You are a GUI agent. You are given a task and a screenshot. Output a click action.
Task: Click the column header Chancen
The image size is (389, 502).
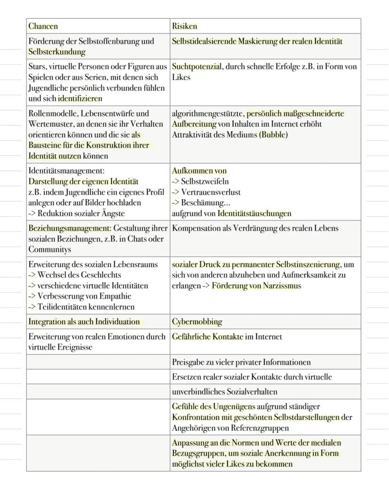tap(43, 26)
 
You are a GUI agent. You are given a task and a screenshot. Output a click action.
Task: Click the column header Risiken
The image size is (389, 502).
tap(185, 26)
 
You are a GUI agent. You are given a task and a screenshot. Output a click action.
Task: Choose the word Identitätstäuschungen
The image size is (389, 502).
tap(254, 214)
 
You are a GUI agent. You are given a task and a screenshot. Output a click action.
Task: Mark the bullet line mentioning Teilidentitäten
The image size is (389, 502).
tap(81, 307)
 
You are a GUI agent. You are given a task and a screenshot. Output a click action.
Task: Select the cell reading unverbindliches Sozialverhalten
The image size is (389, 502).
tap(225, 392)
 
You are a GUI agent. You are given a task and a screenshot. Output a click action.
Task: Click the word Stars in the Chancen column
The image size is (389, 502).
tap(37, 67)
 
